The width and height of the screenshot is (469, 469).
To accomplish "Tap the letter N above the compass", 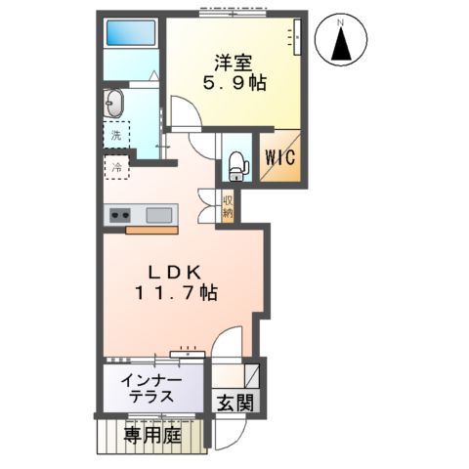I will pos(341,20).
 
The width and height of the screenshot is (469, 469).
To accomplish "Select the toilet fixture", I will pos(235,167).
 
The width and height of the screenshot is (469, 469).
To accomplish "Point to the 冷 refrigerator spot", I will pos(116,169).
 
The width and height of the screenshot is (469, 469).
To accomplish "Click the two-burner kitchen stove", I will pos(120,215).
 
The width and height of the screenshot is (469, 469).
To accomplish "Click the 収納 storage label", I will pos(227,206).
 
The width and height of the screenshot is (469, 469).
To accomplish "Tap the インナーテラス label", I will pos(149,388).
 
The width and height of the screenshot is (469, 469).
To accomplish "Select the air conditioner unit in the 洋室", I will pos(297,39).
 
